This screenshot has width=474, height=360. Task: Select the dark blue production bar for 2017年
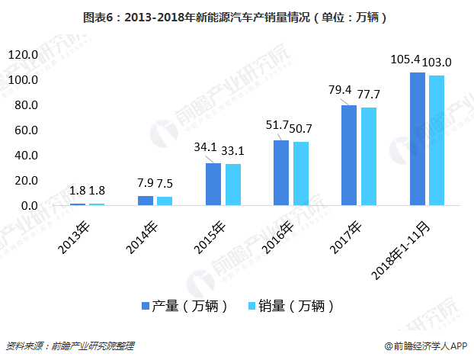tap(348, 156)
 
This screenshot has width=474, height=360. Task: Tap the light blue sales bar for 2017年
tap(368, 157)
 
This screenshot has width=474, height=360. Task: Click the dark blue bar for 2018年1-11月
tap(417, 139)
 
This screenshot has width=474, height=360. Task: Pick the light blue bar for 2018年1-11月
tap(436, 140)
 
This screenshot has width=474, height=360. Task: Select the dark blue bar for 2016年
tap(281, 173)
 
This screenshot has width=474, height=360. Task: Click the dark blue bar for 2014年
tap(145, 201)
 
